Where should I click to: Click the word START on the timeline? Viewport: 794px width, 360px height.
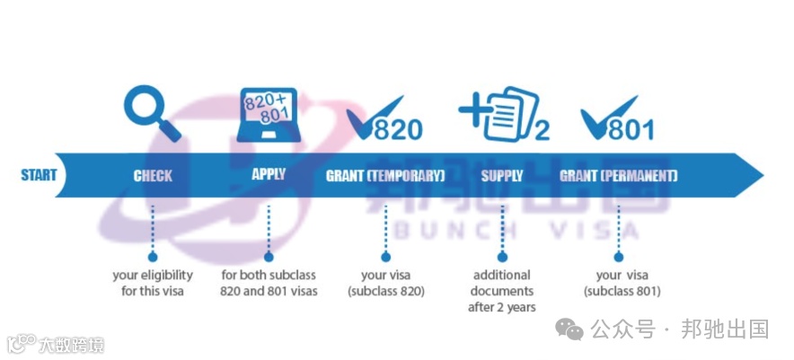39,175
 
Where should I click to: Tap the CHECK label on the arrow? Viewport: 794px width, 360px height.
153,176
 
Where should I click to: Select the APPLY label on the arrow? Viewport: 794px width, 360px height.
269,174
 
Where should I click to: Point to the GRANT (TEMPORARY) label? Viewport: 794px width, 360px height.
385,176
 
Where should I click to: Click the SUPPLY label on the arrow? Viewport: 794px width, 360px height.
502,176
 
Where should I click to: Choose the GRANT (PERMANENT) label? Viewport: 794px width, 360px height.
619,176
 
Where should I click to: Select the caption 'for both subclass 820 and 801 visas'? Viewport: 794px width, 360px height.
269,283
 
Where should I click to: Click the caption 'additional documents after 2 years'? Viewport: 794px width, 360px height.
502,291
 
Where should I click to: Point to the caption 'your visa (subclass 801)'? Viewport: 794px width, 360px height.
622,283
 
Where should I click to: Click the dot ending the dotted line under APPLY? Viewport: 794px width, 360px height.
269,256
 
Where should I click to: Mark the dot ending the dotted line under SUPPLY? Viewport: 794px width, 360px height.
502,256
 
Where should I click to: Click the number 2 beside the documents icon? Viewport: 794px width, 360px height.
541,132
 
